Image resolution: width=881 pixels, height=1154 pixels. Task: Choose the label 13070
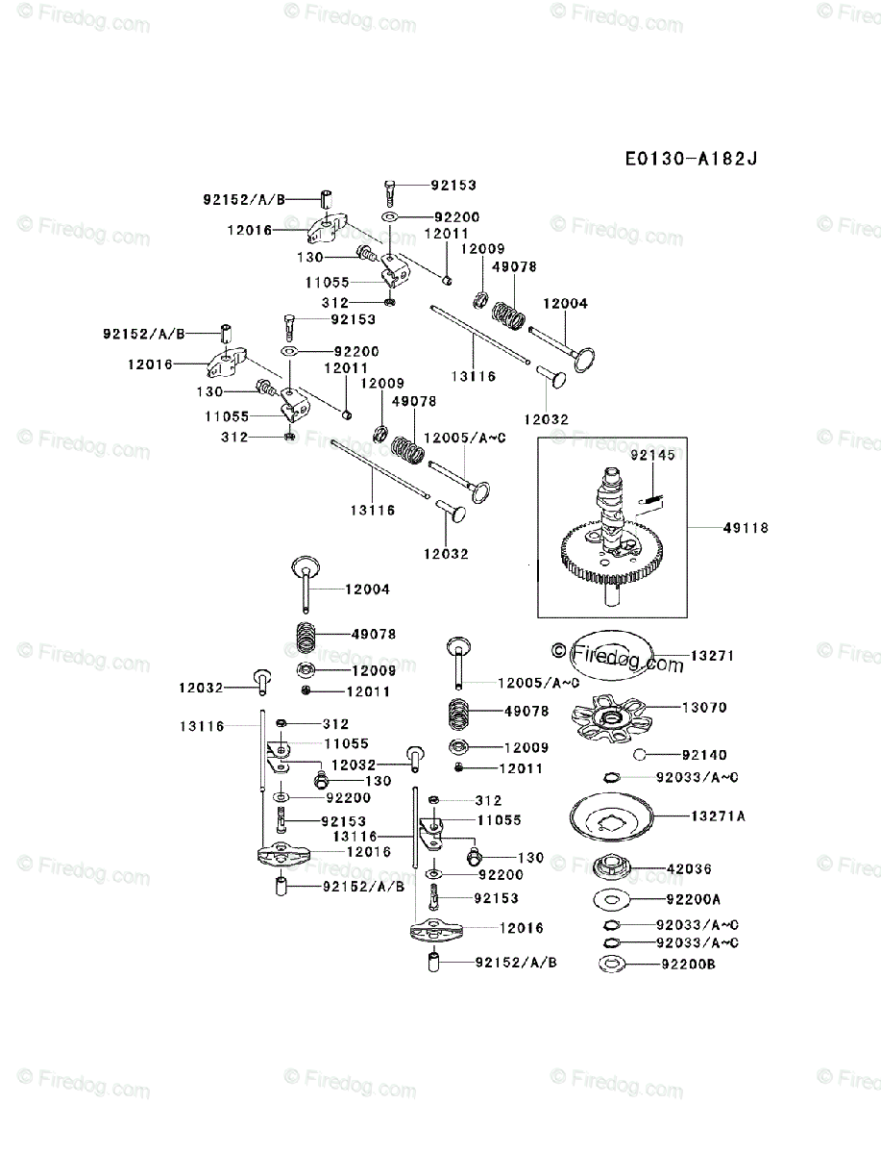point(704,708)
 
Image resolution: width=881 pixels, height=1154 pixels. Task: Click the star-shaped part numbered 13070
point(609,717)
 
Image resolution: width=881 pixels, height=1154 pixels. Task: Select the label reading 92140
point(704,756)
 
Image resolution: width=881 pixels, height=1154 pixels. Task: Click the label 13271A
point(717,815)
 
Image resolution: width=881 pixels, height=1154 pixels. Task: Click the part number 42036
point(689,868)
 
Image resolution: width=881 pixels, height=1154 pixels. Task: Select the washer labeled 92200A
point(611,900)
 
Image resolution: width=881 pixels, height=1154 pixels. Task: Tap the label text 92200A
point(693,900)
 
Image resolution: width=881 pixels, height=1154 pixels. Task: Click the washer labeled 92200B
point(611,964)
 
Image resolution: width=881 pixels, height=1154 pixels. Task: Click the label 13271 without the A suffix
point(712,656)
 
